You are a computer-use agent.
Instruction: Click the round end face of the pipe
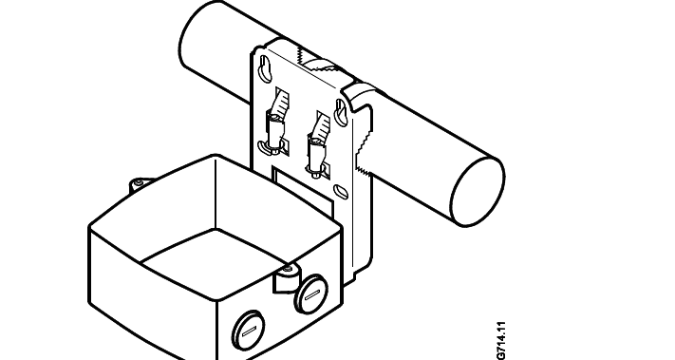pyautogui.click(x=478, y=192)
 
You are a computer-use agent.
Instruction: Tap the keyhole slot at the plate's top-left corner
pyautogui.click(x=265, y=68)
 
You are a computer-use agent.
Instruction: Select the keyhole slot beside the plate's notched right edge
pyautogui.click(x=341, y=111)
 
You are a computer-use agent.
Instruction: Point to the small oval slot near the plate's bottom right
pyautogui.click(x=342, y=191)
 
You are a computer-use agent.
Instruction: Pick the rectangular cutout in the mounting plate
pyautogui.click(x=303, y=190)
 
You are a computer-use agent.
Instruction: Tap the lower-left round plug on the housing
pyautogui.click(x=249, y=331)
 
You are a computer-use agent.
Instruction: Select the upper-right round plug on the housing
pyautogui.click(x=310, y=294)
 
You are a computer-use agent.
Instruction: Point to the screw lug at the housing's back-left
pyautogui.click(x=140, y=185)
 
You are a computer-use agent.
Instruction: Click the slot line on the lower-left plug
pyautogui.click(x=249, y=332)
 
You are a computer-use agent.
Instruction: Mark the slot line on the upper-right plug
pyautogui.click(x=311, y=295)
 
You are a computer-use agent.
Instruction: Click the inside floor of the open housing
pyautogui.click(x=215, y=264)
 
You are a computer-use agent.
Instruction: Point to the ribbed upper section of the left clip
pyautogui.click(x=279, y=103)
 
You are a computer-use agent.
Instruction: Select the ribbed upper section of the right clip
pyautogui.click(x=321, y=124)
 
